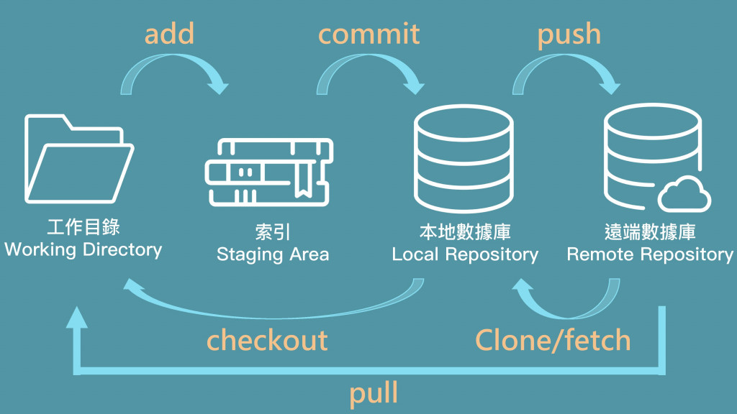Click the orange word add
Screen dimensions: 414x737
click(170, 34)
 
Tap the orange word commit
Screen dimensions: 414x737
click(368, 34)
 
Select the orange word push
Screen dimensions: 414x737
click(569, 35)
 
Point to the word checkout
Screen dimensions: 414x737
click(267, 340)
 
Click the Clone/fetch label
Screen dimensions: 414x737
click(553, 340)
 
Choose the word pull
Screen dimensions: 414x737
click(374, 393)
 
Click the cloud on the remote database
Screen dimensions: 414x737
click(684, 193)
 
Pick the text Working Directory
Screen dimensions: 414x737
click(83, 250)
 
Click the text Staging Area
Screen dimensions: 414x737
click(273, 254)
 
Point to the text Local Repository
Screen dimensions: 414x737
click(465, 254)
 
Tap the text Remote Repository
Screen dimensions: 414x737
click(650, 254)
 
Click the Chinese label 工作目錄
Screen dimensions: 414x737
click(83, 229)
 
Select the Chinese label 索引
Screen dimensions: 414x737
click(273, 233)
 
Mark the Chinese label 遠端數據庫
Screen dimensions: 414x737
click(650, 233)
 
